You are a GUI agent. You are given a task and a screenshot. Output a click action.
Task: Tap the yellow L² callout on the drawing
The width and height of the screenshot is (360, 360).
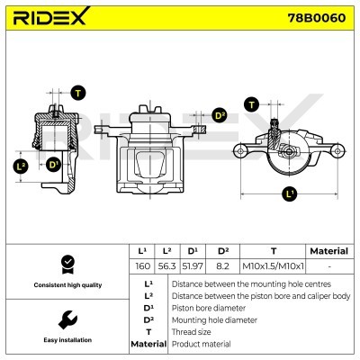point(22,166)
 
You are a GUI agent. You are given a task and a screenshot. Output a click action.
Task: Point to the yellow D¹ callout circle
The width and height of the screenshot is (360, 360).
point(53,166)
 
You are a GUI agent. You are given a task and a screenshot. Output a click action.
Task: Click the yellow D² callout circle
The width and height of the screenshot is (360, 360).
point(220,115)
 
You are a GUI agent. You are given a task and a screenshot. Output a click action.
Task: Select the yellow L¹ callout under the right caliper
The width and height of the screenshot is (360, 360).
point(290,193)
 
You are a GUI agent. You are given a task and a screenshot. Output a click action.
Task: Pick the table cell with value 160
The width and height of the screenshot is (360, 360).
point(141,266)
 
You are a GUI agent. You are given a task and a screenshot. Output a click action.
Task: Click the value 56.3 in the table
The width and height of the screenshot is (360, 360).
point(167,266)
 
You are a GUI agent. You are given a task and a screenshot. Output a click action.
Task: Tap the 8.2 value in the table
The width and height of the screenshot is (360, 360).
point(222,266)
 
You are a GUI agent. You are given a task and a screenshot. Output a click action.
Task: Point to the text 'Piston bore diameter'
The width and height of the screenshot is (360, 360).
point(208,307)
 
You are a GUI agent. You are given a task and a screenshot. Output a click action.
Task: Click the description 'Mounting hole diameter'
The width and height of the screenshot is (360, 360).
point(212,319)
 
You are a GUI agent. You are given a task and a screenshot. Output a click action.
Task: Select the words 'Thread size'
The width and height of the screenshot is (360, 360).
point(193,331)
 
